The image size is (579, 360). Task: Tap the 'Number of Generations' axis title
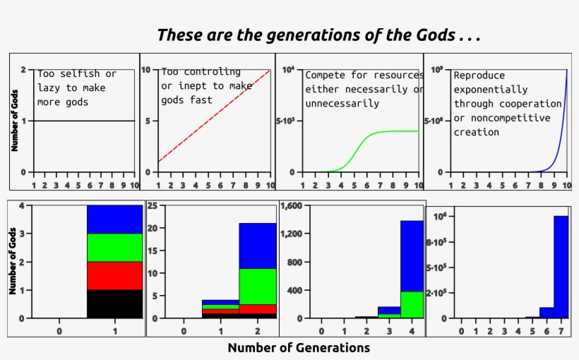pyautogui.click(x=299, y=347)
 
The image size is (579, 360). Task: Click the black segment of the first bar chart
pyautogui.click(x=114, y=304)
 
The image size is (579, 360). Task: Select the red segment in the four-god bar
pyautogui.click(x=114, y=275)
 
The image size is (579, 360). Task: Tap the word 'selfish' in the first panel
pyautogui.click(x=78, y=73)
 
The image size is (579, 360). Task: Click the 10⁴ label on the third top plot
pyautogui.click(x=287, y=70)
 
